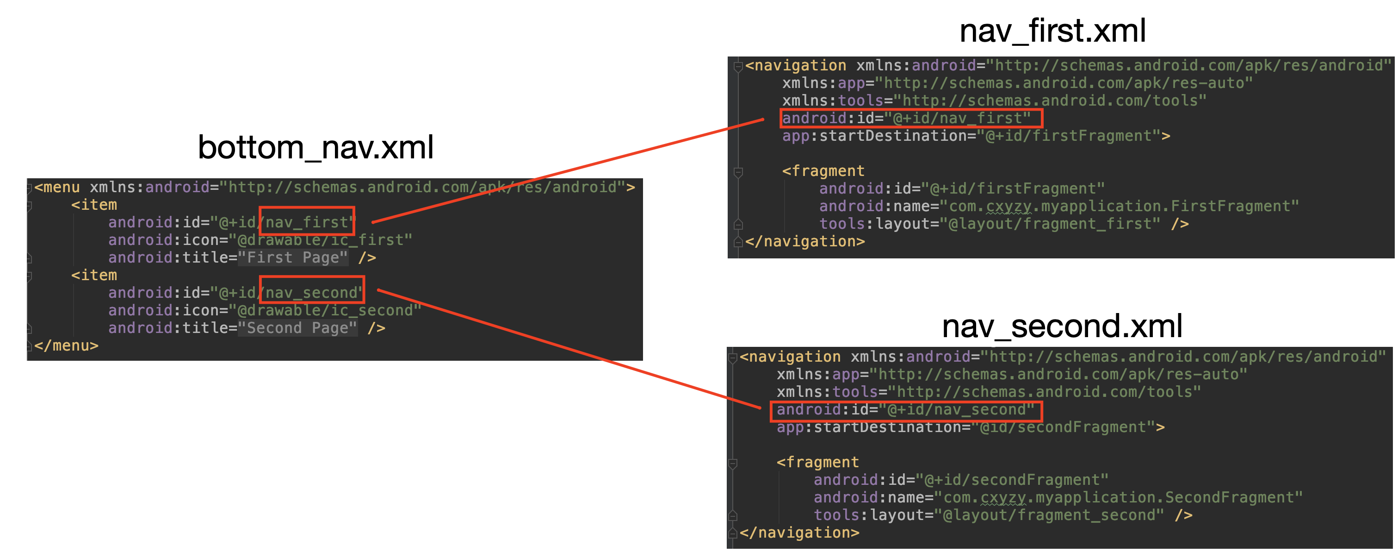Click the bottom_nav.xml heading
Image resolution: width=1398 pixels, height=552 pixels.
[315, 147]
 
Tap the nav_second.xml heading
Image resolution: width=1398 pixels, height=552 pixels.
[1062, 326]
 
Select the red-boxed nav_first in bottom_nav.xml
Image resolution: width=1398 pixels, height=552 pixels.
[307, 222]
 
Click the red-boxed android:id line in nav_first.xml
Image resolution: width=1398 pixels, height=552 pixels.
[911, 118]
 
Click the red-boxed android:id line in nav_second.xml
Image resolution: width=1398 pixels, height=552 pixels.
[905, 410]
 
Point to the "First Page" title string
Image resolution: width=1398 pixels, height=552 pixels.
[292, 257]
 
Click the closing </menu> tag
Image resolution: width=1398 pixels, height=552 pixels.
[66, 345]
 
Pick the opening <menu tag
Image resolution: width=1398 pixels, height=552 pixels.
[57, 188]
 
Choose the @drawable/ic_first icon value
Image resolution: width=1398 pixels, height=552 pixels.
[320, 239]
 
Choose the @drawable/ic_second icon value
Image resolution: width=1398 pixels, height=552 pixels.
[325, 310]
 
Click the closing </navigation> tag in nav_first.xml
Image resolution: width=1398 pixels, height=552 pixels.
[805, 241]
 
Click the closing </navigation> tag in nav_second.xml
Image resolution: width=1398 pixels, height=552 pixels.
[799, 533]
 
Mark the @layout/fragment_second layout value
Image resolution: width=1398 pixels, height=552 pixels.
[1048, 515]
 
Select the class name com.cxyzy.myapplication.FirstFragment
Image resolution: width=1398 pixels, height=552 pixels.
[1119, 207]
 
